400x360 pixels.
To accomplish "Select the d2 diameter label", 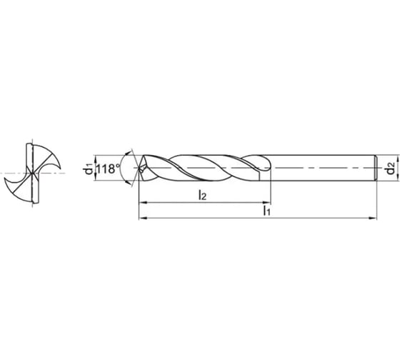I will pos(389,169).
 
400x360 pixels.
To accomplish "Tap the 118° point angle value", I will pos(106,169).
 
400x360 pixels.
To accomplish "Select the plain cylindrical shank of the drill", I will pos(321,169).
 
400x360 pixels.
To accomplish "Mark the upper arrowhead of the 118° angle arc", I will pos(128,152).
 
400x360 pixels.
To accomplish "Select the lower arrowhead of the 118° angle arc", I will pos(128,185).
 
